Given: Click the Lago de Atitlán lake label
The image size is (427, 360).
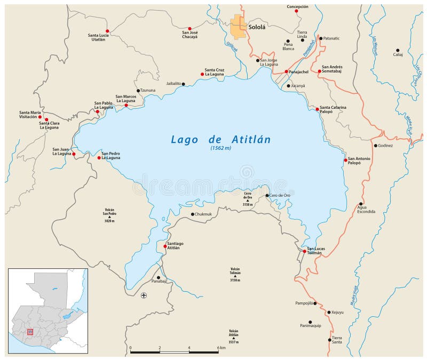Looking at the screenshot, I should pos(220,139).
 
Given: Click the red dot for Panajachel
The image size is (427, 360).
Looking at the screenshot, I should pos(286,71).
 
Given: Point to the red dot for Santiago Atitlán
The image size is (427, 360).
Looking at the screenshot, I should pos(164,246).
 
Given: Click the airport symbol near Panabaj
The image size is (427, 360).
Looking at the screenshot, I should pos(144,295).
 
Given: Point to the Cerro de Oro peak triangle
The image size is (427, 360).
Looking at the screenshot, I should pos(247,199).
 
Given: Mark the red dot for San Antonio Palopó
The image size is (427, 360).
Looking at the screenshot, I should pos(345,160).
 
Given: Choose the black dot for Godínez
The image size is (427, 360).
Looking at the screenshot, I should pos(376,146).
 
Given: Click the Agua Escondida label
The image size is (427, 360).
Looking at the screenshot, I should pos(366,209).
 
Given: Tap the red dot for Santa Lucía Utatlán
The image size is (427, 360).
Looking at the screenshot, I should pos(107,31).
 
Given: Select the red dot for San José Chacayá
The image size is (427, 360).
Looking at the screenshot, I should pos(189,28).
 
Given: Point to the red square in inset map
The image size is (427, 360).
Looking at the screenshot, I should pos(30,331).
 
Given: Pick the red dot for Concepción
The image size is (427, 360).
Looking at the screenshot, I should pos(297,11).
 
